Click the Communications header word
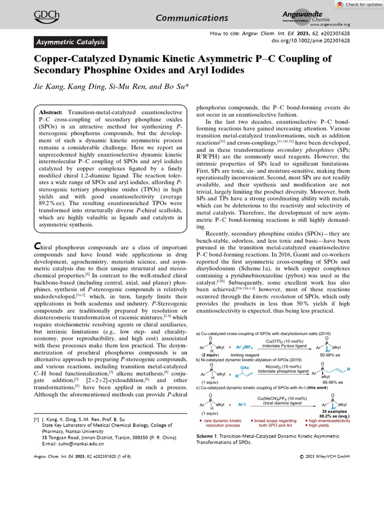(192, 18)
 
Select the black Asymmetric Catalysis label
(70, 42)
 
